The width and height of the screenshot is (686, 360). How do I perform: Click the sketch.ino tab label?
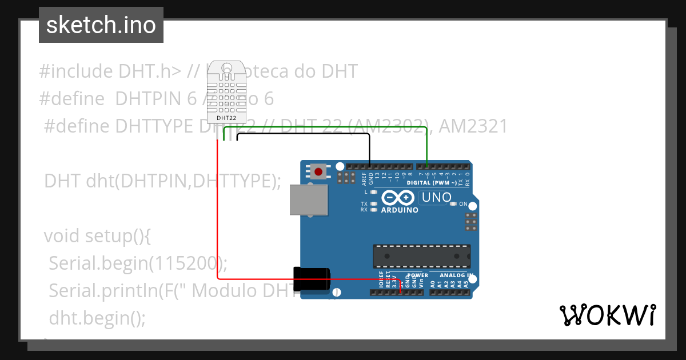(101, 25)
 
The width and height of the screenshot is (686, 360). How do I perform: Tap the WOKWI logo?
(607, 315)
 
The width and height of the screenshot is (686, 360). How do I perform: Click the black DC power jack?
(312, 279)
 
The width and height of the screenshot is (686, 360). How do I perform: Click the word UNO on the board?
(436, 198)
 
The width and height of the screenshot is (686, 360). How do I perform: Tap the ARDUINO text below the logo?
(400, 210)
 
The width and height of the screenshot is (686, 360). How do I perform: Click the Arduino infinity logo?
(398, 198)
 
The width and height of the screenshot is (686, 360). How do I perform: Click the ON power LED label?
(464, 204)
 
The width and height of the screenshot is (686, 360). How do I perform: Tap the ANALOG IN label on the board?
(456, 275)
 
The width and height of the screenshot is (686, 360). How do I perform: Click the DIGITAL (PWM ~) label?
(432, 183)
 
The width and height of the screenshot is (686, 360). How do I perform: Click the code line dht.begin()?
(97, 318)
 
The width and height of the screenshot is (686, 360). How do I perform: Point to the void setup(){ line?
(97, 235)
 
